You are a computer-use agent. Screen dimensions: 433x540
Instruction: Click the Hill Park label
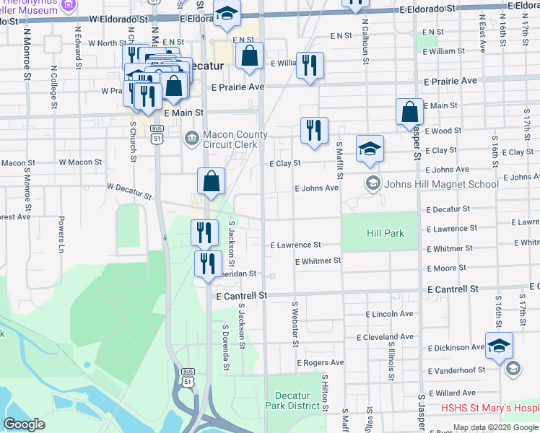[385, 233]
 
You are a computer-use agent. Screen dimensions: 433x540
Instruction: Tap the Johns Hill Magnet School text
[441, 184]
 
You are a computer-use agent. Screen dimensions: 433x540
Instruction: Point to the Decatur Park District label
[297, 401]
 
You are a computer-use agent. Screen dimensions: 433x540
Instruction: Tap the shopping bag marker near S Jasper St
[409, 113]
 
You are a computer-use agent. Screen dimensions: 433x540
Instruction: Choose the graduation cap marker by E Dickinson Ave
[499, 346]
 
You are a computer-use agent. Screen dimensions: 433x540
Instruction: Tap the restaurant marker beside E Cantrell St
[207, 264]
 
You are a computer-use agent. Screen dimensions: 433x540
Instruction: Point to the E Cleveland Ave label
[385, 337]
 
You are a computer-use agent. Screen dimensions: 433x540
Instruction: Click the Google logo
[25, 424]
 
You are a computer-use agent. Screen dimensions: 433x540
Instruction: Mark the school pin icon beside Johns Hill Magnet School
[373, 183]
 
